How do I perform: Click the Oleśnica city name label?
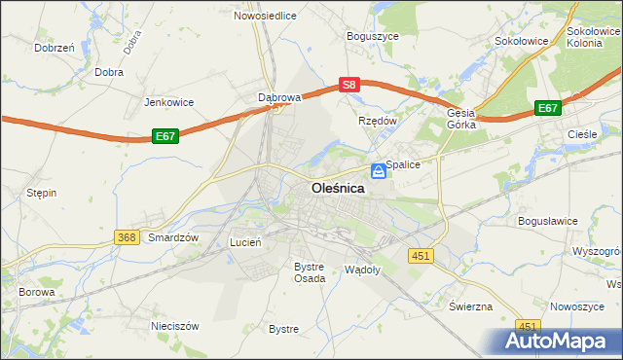coord(338,189)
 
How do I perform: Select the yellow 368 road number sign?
coord(126,236)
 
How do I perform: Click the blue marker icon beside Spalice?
coord(377,170)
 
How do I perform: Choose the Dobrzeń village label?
coord(55,47)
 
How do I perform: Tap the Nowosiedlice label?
coord(265,16)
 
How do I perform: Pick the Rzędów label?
coord(378,121)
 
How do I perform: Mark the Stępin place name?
coord(41,193)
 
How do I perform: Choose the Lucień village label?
coord(245,241)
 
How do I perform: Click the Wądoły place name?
coord(362,270)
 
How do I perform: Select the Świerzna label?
coord(471,306)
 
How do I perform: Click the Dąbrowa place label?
coord(279,97)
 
